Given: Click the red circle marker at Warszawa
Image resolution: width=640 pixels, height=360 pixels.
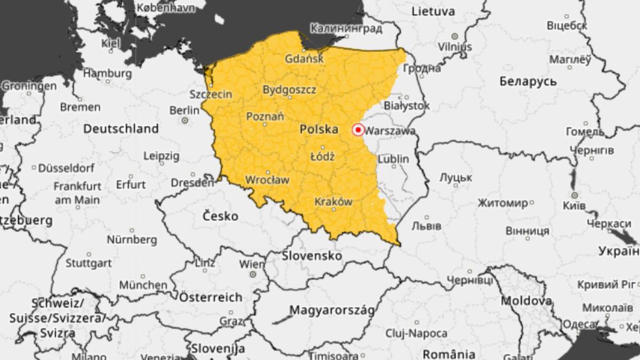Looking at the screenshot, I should tap(358, 130).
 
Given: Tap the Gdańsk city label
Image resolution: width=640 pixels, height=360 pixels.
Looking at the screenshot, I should tap(304, 59).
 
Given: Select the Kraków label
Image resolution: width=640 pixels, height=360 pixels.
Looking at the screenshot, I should tap(333, 202).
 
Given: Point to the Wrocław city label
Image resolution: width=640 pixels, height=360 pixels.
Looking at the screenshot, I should tap(267, 180).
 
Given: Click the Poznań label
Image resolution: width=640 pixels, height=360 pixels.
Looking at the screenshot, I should tap(265, 116).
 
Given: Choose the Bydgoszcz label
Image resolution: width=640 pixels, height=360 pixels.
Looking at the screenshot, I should tap(289, 90).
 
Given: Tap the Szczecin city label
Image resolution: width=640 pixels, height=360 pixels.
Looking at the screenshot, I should tap(211, 94).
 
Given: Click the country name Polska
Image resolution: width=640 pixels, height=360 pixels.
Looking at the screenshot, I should tap(319, 129).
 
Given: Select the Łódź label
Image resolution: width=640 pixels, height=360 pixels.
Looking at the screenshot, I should tap(322, 156).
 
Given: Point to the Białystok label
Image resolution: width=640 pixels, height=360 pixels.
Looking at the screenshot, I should tap(406, 106).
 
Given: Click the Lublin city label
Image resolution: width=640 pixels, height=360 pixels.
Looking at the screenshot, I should tap(394, 159).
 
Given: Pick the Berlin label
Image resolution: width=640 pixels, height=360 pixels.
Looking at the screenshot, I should tap(184, 110).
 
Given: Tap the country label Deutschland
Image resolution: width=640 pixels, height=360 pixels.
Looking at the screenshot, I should tap(121, 129).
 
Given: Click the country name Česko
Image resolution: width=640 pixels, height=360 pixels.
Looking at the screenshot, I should tap(221, 216).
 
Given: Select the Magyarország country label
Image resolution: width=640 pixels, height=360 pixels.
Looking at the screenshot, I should tap(332, 310).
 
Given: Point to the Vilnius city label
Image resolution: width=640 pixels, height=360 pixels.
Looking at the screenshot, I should tap(455, 46).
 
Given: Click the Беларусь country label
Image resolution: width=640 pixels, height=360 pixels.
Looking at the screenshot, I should tap(528, 82).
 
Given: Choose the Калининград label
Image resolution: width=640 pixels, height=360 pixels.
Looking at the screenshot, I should tap(347, 28).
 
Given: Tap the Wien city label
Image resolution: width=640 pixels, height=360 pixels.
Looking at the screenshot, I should tap(252, 264).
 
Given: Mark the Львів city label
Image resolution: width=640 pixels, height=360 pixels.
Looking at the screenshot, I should tap(426, 226).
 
